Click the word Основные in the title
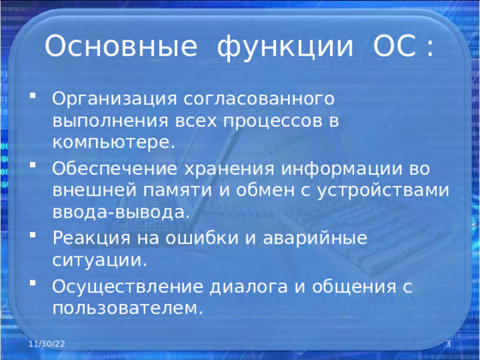point(121,46)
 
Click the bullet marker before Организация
point(32,95)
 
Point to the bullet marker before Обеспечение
point(32,165)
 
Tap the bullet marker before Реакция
point(32,235)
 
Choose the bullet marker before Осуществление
point(32,282)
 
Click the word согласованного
point(259,99)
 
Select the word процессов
point(273,121)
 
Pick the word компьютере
point(113,142)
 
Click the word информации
point(342,169)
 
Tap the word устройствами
point(382,191)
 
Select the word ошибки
point(202,237)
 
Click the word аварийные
point(315,238)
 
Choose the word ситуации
point(100,261)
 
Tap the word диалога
point(248,287)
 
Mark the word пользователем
point(127,308)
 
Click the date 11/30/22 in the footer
point(46,343)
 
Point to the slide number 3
point(448,343)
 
